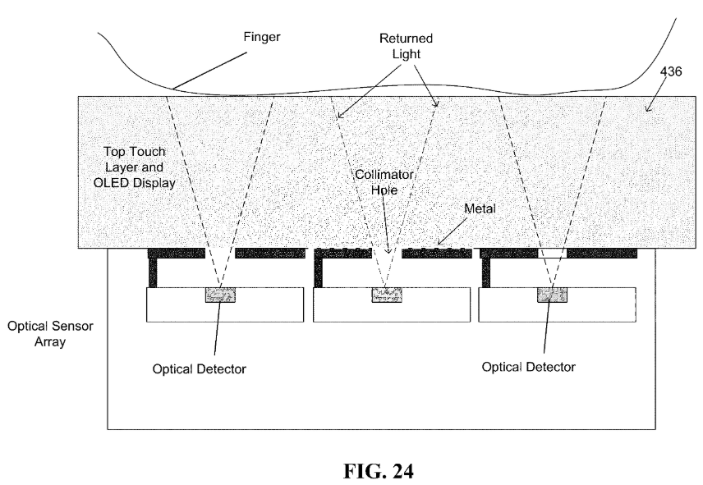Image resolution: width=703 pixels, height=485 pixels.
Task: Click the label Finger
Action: (261, 37)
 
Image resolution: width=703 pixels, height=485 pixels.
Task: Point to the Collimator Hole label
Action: (384, 182)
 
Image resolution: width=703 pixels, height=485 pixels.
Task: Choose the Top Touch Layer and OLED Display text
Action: (140, 168)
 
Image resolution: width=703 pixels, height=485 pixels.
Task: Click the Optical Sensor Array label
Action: (51, 333)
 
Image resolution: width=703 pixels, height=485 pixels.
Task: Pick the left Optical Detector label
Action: (200, 368)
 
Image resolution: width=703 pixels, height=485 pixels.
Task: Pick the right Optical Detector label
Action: (529, 366)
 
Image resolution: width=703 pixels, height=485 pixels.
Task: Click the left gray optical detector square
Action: (219, 295)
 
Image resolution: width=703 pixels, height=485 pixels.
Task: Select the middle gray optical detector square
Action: (386, 295)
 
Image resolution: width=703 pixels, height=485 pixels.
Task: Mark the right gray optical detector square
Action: (551, 295)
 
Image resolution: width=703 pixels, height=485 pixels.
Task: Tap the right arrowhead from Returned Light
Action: (437, 104)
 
